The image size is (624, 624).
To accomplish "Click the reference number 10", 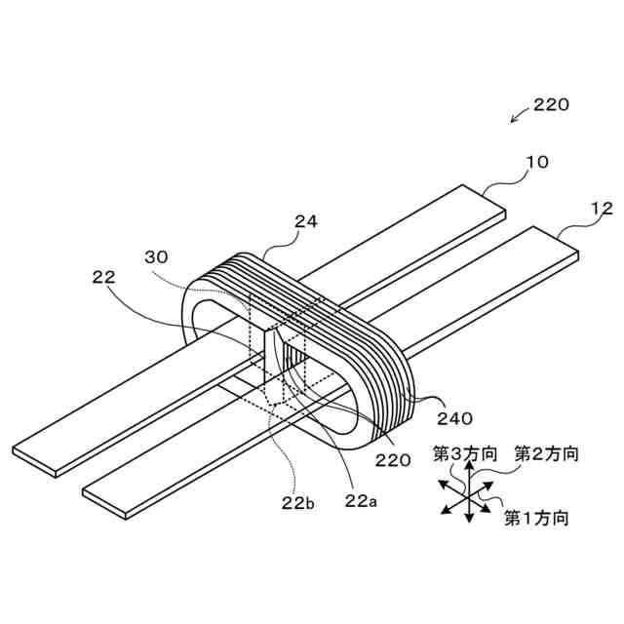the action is [537, 162].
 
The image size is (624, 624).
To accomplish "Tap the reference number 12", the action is [602, 208].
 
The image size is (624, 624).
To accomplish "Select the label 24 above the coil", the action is [306, 222].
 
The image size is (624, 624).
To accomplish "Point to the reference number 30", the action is [155, 257].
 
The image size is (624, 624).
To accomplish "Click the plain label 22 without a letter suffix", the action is [103, 277].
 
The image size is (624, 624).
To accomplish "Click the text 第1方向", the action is [536, 517].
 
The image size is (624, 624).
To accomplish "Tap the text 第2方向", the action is [546, 453].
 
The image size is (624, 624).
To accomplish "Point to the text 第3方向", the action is [465, 453].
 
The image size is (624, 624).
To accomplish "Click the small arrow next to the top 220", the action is [517, 119].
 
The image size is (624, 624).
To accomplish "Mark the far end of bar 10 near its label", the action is [493, 198].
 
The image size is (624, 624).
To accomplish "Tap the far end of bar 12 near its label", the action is [565, 244].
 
